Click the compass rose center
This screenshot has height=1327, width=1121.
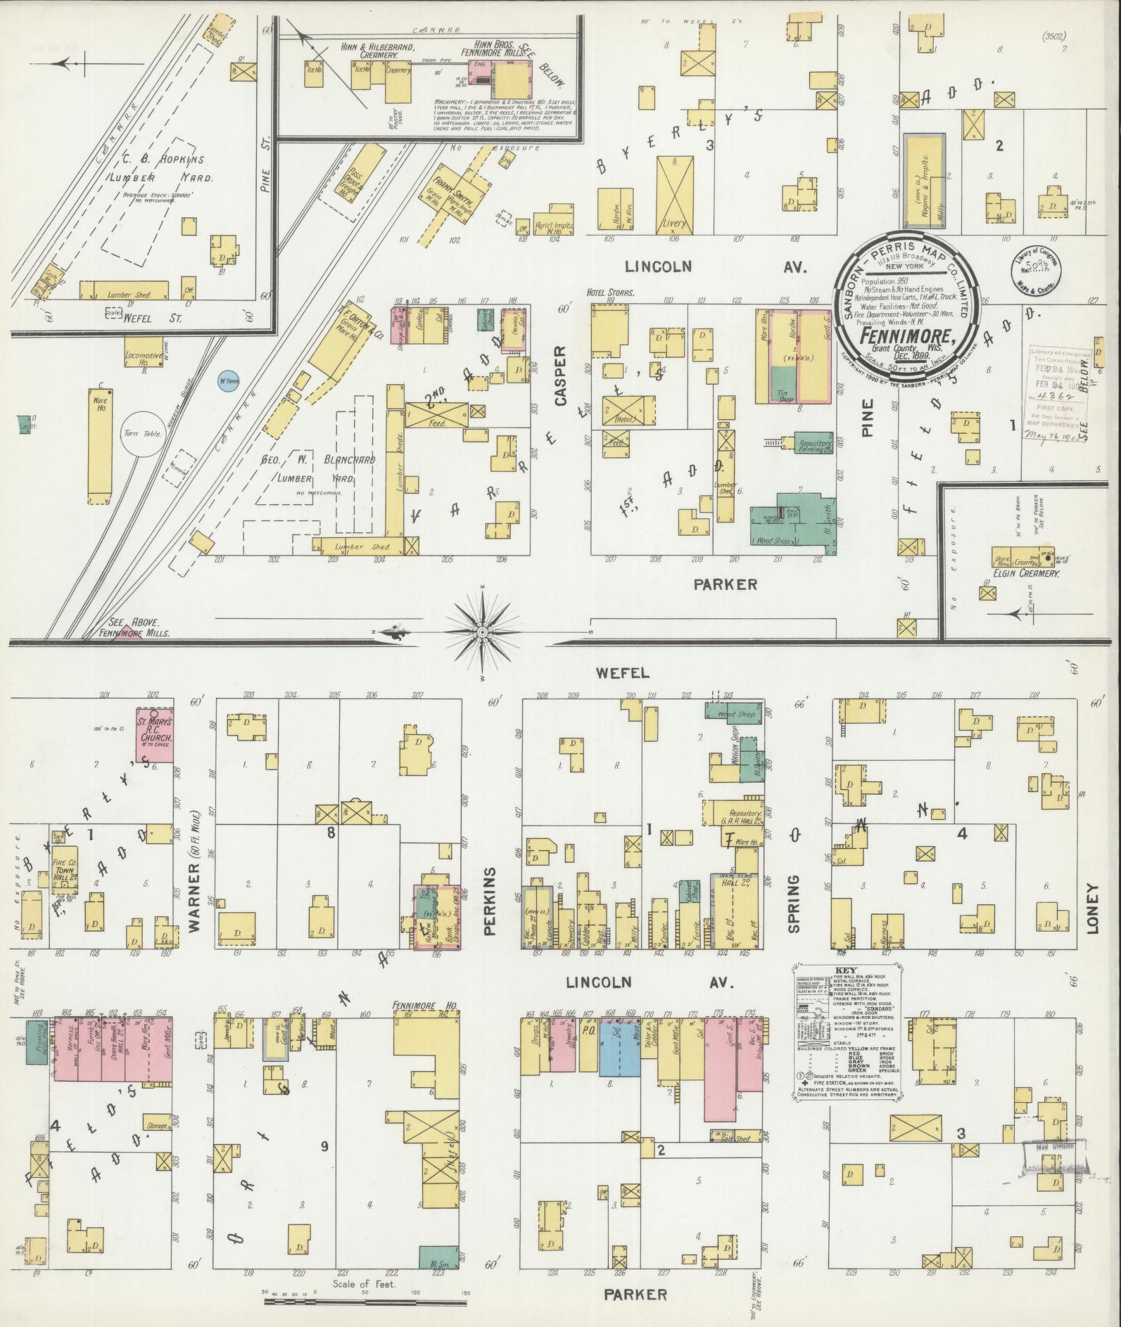(483, 633)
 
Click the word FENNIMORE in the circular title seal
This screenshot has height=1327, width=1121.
(904, 336)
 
